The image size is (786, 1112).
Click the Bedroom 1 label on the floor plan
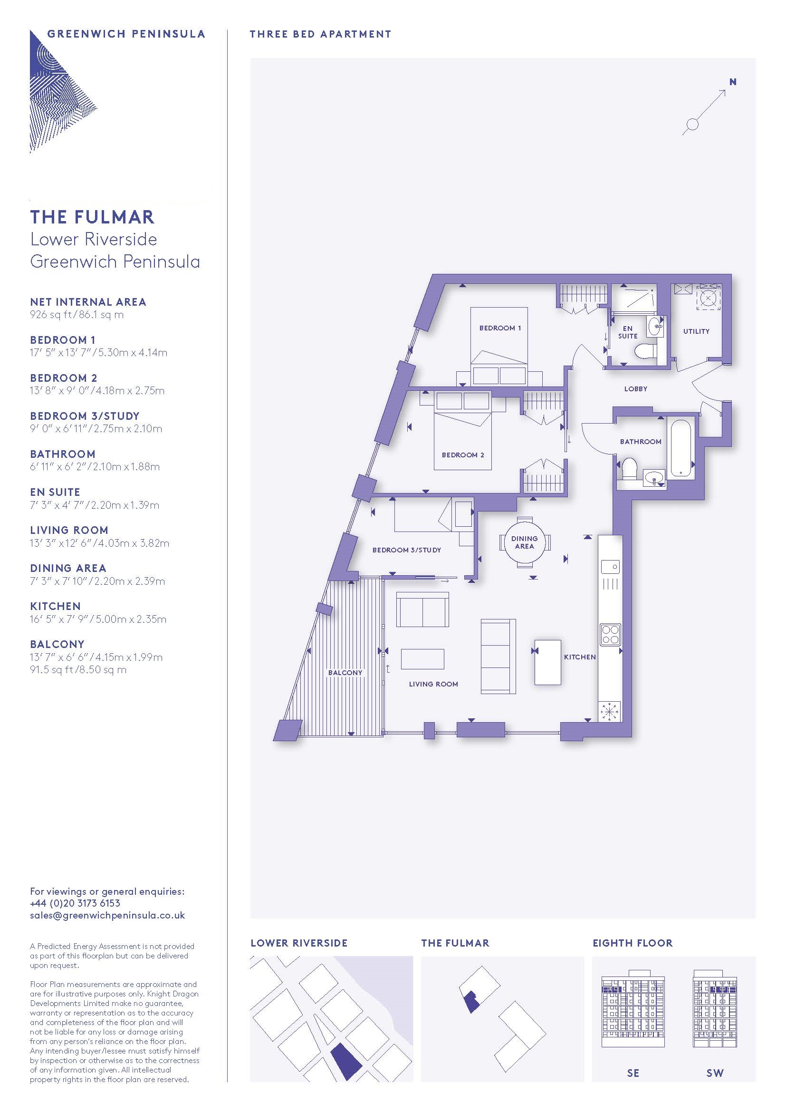500,328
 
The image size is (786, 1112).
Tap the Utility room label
696,331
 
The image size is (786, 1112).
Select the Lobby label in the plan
635,388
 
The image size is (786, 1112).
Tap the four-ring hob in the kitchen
610,635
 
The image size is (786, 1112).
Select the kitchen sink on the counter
610,566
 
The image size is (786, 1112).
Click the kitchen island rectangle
548,662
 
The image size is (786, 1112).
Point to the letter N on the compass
733,82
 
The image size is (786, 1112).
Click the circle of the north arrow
692,125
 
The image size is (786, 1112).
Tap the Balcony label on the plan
345,673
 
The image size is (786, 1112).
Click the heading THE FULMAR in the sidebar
93,217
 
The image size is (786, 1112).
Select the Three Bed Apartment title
320,34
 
